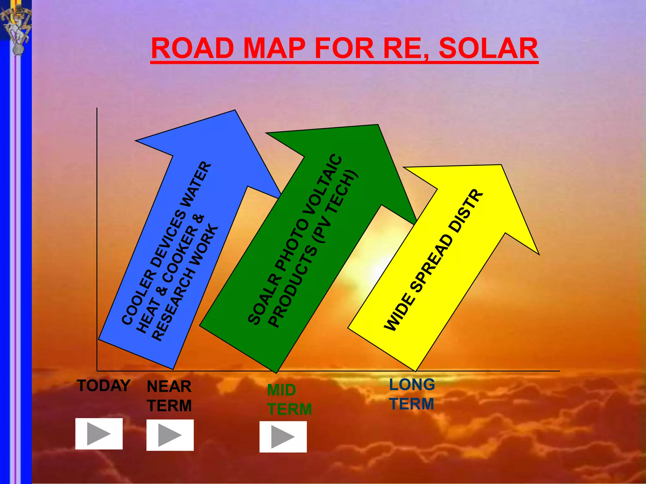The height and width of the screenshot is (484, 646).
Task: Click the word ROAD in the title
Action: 192,49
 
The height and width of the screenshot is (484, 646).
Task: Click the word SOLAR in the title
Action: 488,49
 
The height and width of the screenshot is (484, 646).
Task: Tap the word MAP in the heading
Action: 275,49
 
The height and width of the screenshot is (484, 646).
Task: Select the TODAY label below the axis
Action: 103,386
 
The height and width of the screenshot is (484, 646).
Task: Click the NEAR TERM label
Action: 169,396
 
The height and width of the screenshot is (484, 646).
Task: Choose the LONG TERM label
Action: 412,394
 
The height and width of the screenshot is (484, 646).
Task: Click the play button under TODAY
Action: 99,434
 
